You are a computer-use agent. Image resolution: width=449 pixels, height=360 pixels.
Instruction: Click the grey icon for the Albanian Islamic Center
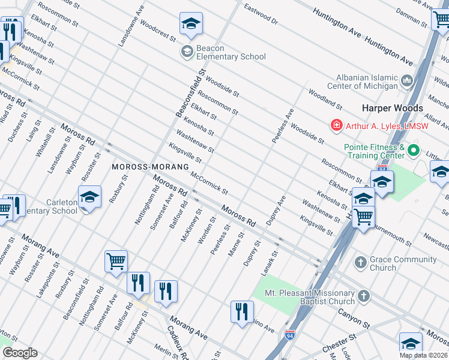coord(408,79)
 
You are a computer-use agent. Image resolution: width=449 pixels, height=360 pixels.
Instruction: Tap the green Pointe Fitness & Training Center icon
coord(412,149)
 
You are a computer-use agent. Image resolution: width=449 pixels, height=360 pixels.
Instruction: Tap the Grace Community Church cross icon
coord(360,262)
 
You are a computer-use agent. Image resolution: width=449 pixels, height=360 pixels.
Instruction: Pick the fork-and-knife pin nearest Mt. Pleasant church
coord(242,311)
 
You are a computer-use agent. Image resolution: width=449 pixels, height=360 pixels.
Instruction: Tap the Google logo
coord(19,353)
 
